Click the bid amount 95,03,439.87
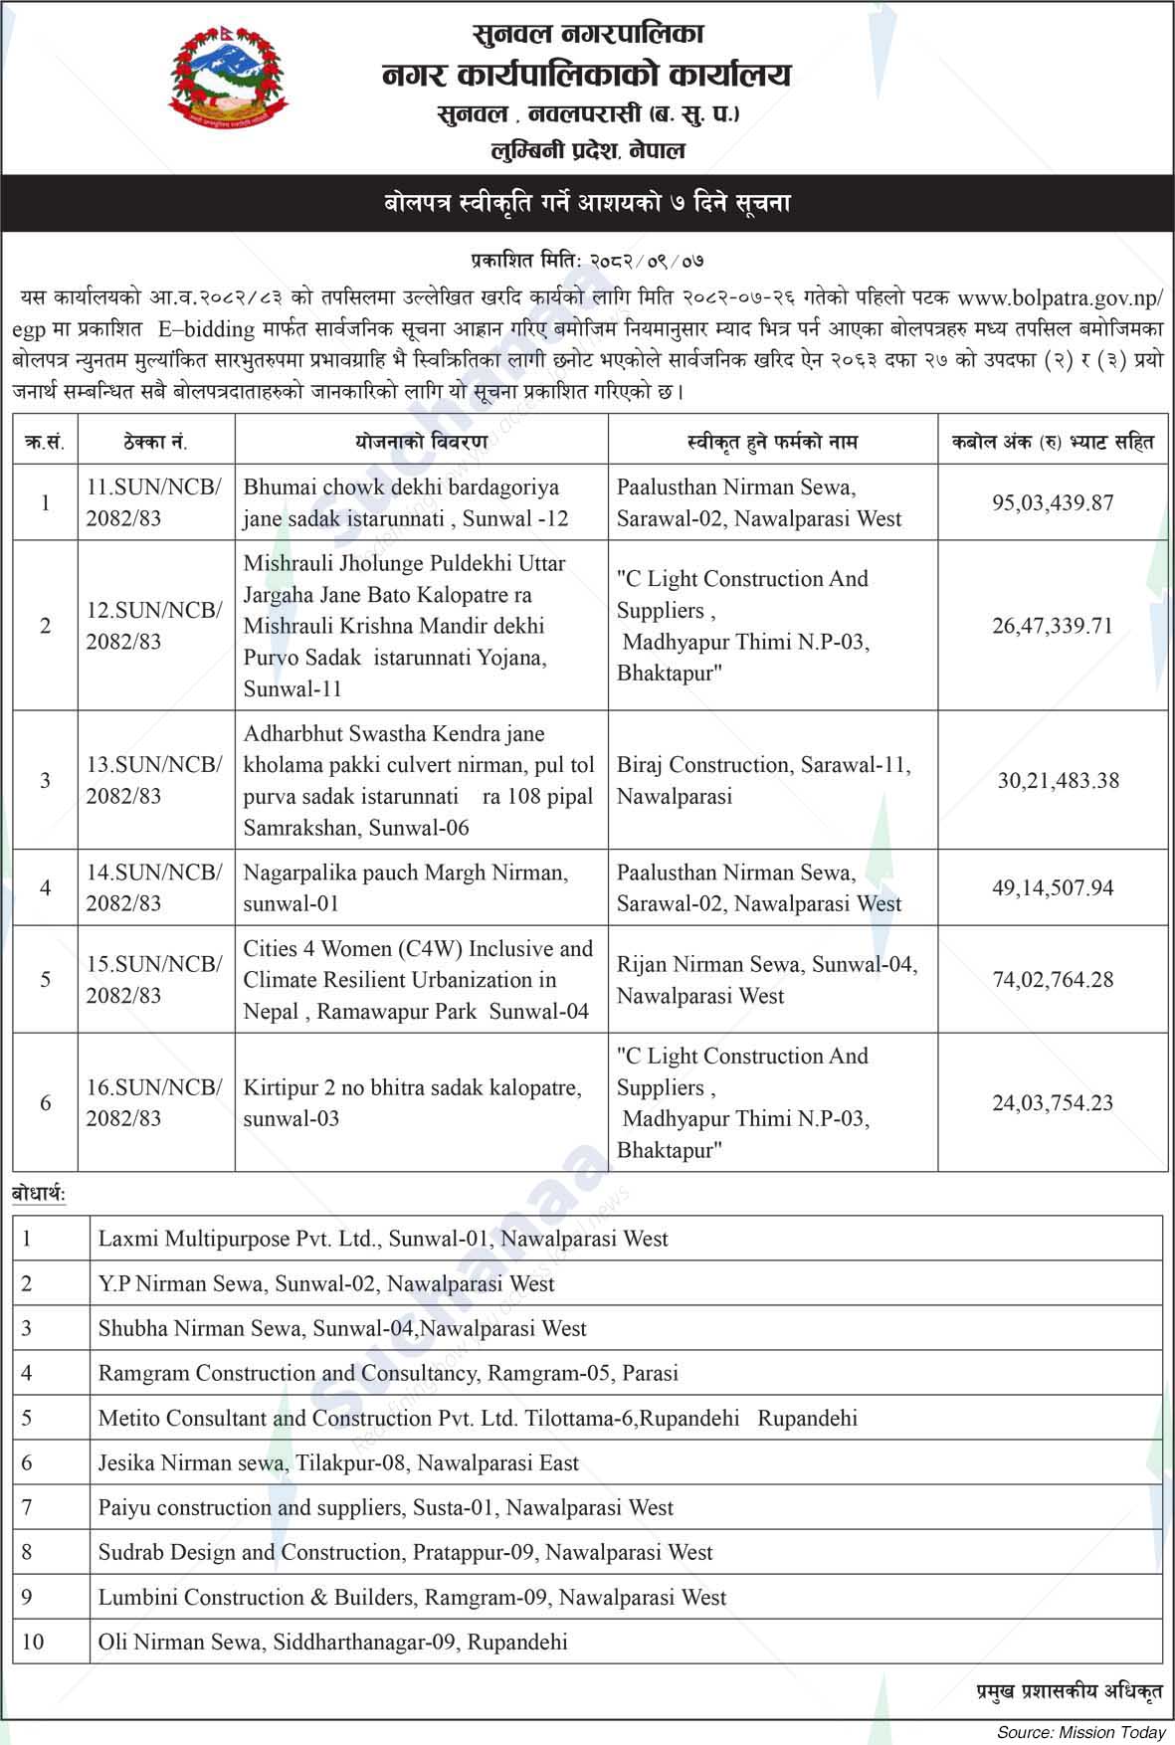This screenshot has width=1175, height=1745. (1052, 502)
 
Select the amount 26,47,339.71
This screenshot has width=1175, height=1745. (1052, 626)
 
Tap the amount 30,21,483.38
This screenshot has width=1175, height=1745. (1058, 780)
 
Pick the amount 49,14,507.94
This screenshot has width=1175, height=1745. (1052, 887)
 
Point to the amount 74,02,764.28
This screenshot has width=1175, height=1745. (1052, 979)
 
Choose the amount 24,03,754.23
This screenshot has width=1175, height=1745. (1052, 1102)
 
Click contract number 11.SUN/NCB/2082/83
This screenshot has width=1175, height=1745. (153, 502)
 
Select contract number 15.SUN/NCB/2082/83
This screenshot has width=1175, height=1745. (153, 979)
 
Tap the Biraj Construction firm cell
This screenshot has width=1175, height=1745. (763, 780)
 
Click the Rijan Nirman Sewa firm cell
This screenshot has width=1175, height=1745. (766, 979)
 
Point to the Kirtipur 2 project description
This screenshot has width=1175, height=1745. (412, 1102)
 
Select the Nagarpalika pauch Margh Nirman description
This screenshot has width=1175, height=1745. (405, 887)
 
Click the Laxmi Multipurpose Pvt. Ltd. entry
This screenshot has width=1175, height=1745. (382, 1239)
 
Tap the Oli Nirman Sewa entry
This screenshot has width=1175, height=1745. (332, 1642)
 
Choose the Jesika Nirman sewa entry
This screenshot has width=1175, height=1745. (337, 1462)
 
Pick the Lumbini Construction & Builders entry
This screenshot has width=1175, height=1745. (412, 1597)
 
